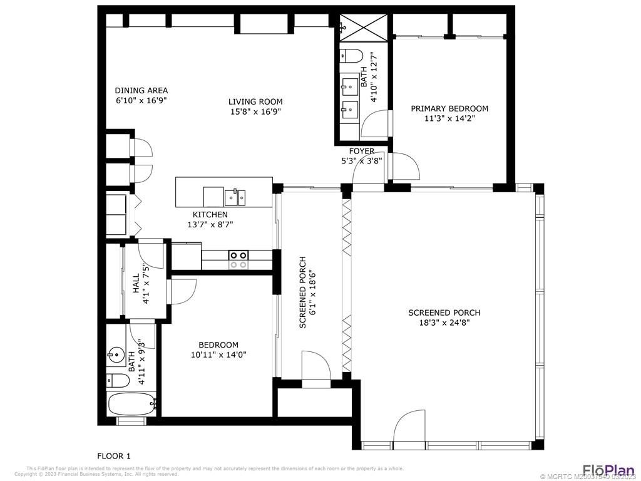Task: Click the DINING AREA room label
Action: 141,90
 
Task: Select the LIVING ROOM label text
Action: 255,101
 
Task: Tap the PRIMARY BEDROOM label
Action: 449,108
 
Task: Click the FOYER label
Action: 361,151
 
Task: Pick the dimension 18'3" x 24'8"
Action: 444,323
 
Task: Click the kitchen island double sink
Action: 235,197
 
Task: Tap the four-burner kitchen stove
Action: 238,259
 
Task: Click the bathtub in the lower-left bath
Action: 131,404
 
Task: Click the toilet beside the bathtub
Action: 117,380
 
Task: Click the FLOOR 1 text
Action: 114,456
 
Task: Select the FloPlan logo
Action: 608,469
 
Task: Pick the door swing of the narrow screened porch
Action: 315,366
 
